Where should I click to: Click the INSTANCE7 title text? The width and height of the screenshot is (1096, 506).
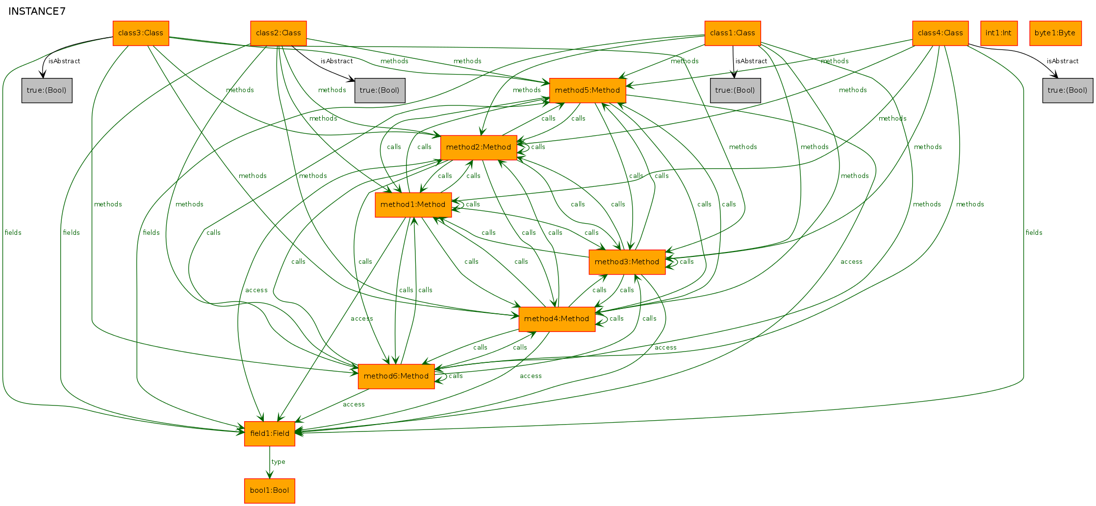point(37,11)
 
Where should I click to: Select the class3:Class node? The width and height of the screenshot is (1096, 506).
point(141,33)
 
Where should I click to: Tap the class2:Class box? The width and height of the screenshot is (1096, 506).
point(279,33)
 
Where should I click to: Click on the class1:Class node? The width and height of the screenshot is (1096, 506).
point(733,33)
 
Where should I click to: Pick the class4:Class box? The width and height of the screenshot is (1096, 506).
point(941,33)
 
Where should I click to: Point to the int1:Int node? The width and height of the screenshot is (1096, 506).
point(999,33)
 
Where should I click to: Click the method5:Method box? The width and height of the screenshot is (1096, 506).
point(587,91)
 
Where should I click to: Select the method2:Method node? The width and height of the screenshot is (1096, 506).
point(479,148)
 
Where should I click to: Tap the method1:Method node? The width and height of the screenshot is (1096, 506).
point(413,205)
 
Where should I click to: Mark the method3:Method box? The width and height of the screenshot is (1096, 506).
point(627,262)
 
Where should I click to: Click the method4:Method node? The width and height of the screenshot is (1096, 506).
point(557,319)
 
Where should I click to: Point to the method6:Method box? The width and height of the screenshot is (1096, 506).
point(396,377)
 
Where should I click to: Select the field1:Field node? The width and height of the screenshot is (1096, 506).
point(270,434)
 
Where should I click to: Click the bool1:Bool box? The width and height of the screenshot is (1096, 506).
point(270,491)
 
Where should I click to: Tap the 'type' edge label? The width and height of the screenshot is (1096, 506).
point(278,462)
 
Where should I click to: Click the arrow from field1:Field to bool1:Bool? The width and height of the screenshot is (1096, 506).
point(270,462)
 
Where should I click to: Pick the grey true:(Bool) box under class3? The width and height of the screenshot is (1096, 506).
point(47,91)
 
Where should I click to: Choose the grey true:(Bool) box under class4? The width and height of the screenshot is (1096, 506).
point(1068,91)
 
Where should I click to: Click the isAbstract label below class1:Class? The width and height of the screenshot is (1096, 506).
point(751,61)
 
